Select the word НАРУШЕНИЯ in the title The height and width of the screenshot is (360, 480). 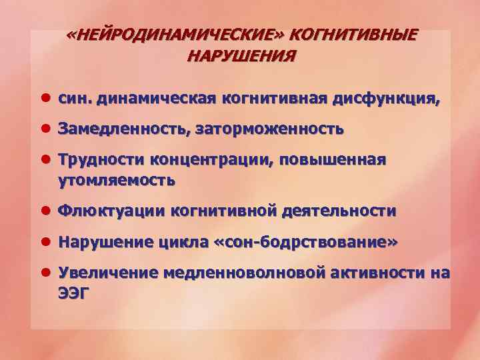point(241,55)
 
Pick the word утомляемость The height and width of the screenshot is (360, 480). point(117,179)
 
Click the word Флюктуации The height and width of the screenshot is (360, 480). point(111,211)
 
